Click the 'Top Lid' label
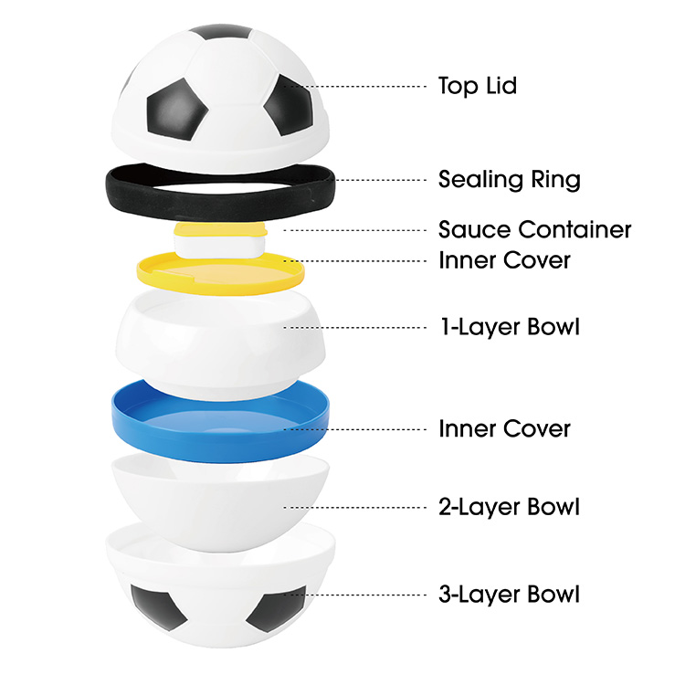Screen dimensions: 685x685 (x=478, y=86)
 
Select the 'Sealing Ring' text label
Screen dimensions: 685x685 (x=510, y=180)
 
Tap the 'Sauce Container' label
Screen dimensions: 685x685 (x=534, y=229)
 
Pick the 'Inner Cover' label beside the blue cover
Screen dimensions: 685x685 (x=504, y=428)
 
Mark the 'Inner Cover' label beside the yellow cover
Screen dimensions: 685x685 (x=504, y=260)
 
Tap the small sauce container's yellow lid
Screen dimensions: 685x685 (x=221, y=229)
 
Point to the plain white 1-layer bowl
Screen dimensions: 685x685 (x=221, y=345)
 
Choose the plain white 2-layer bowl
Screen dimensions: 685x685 (x=221, y=502)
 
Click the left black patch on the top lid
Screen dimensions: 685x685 (x=174, y=110)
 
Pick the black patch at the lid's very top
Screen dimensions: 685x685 (x=221, y=31)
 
